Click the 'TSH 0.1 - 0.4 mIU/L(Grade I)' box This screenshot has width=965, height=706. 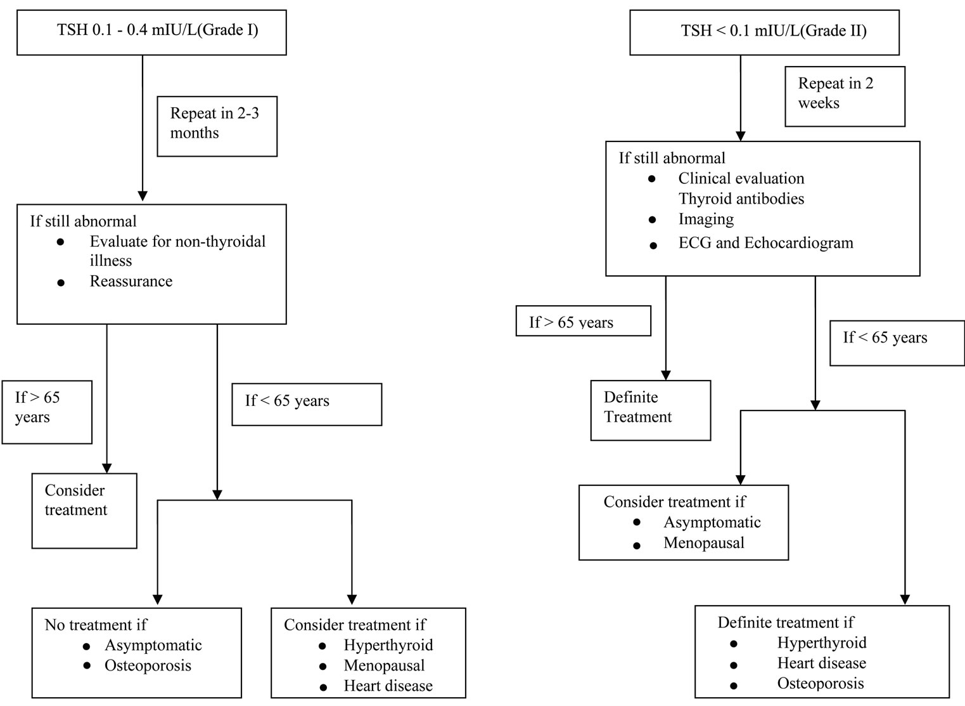pos(151,33)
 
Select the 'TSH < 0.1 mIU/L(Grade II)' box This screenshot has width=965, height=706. pos(764,33)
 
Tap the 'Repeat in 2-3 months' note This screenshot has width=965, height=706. pos(217,126)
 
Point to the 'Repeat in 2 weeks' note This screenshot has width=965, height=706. pos(845,96)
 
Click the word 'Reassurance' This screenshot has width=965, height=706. pos(131,281)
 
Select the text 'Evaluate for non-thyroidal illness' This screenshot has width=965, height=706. pos(177,251)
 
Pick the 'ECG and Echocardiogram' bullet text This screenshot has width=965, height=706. pos(766,243)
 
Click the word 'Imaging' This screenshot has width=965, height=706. pos(706,219)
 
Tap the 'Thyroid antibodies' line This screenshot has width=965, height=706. pos(741,199)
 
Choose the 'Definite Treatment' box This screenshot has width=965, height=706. pos(651,410)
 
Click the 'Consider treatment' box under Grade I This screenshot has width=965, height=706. pos(84,511)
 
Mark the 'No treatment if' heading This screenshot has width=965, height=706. pos(96,624)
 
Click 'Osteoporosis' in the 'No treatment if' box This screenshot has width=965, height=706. pos(148,665)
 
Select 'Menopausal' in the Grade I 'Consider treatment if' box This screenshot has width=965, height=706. pos(384,665)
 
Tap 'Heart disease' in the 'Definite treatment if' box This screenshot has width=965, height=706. pos(822,663)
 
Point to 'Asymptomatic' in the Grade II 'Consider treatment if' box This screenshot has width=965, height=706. pos(712,522)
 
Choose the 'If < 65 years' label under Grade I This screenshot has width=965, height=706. pos(307,405)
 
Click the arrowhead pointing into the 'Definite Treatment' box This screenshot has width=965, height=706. pos(665,376)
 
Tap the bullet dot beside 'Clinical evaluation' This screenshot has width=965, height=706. pos(652,179)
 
